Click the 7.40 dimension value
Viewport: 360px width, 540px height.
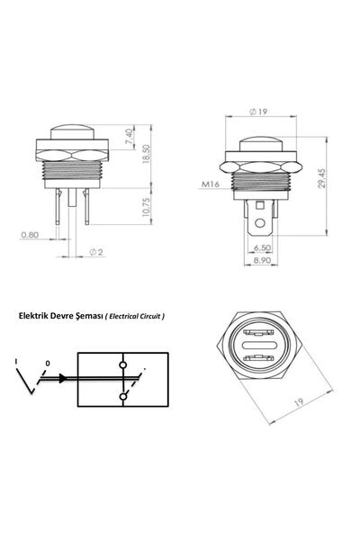[129, 137]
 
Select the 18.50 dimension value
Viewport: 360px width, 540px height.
[146, 154]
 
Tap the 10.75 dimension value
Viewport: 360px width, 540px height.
[146, 207]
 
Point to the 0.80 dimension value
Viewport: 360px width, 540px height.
[30, 235]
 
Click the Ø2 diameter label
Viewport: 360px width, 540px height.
[96, 252]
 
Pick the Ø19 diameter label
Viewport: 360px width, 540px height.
[258, 112]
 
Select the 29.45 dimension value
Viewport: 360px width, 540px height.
[322, 178]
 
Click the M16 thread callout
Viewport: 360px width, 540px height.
[210, 184]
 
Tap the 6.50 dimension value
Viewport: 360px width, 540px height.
[263, 247]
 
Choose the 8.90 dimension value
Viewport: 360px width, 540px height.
[263, 260]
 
